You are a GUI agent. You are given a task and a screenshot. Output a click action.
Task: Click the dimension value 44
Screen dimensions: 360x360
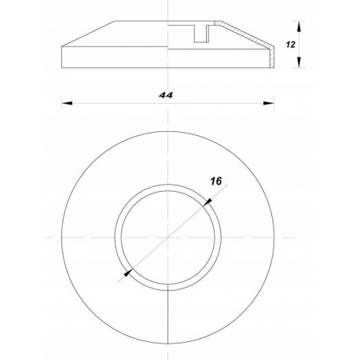[x=165, y=95]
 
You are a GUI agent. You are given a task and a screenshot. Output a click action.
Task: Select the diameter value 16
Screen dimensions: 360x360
[x=215, y=181]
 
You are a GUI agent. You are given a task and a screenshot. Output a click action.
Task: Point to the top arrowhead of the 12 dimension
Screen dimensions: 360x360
[x=301, y=24]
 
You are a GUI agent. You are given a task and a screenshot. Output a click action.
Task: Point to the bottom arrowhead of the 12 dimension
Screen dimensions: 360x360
[x=301, y=65]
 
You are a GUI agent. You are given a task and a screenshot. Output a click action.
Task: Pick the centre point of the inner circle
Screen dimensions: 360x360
[x=167, y=237]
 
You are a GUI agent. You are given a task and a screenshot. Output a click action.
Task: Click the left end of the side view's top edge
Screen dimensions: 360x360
[x=116, y=21]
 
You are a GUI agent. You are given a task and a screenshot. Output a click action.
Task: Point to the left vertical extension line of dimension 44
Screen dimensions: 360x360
[x=62, y=86]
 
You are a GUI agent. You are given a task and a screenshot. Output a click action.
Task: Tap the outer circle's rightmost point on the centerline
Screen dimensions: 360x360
[x=273, y=237]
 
